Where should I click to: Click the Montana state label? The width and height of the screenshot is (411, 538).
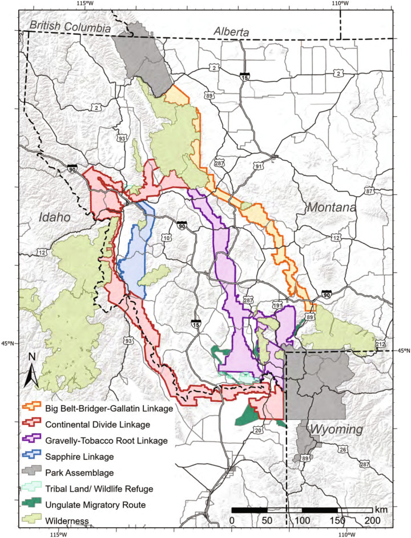(x=331, y=208)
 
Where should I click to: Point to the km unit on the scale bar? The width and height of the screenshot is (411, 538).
(x=380, y=508)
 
